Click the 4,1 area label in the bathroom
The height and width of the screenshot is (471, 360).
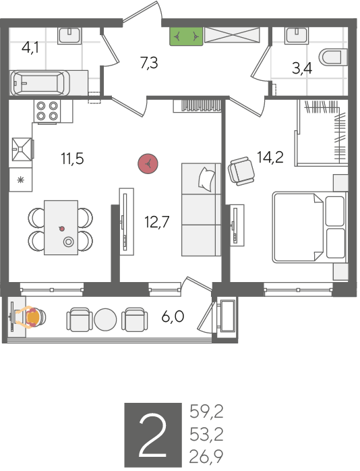click(x=30, y=48)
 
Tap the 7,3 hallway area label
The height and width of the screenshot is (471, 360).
click(x=149, y=63)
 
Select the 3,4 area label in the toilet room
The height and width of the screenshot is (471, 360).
click(x=302, y=68)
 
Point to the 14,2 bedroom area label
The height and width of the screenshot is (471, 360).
click(x=270, y=157)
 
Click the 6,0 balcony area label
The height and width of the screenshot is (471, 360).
click(x=173, y=316)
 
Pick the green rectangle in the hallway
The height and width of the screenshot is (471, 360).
click(x=186, y=36)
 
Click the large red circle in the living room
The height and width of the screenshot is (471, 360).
click(x=148, y=164)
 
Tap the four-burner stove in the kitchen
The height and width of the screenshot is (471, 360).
click(x=47, y=111)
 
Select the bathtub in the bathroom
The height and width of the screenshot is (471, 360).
click(x=40, y=83)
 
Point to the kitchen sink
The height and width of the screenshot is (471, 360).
click(x=22, y=149)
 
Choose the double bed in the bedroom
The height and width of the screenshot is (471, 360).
click(x=309, y=228)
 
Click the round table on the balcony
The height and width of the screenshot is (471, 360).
click(x=105, y=319)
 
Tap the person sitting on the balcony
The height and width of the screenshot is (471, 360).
click(x=30, y=318)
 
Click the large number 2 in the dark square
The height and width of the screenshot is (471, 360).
click(x=153, y=435)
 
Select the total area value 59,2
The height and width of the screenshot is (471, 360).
click(x=206, y=412)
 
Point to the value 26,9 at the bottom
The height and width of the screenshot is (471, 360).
click(x=206, y=457)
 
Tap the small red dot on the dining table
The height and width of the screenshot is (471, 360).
click(x=62, y=229)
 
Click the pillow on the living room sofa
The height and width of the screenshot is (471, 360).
click(x=207, y=179)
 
